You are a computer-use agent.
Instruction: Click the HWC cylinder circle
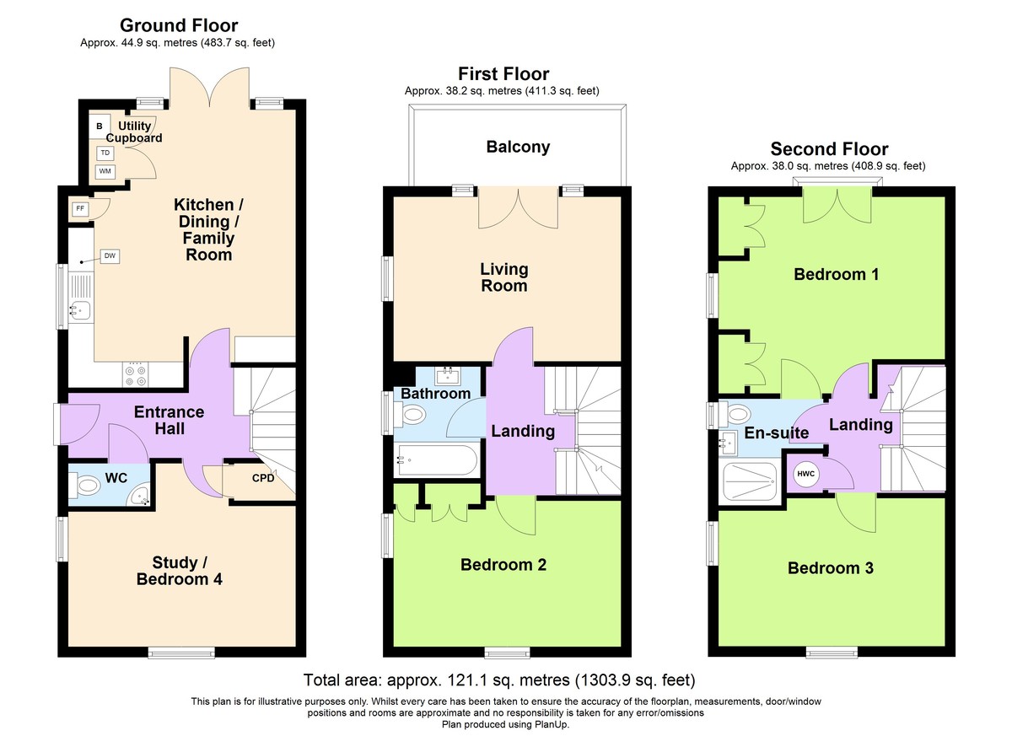tap(805, 474)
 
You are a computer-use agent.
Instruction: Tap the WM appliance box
tap(105, 171)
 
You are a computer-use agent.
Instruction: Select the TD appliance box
tap(105, 153)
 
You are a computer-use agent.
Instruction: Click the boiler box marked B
tap(100, 126)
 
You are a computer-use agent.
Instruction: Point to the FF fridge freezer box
tap(80, 208)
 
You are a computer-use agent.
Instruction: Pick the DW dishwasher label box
tap(110, 255)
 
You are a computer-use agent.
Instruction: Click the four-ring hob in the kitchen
tap(136, 376)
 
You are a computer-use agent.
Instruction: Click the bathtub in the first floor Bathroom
tap(436, 460)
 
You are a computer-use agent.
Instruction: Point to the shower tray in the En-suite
tap(749, 481)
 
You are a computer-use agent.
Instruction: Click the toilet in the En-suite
tap(735, 414)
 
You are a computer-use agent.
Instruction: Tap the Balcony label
tap(518, 148)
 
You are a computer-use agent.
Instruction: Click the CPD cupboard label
tap(263, 478)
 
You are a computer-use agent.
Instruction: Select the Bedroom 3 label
tap(831, 568)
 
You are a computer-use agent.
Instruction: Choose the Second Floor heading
tap(829, 149)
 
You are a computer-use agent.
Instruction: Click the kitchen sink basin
tap(80, 310)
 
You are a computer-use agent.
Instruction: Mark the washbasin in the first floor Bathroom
tap(448, 375)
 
